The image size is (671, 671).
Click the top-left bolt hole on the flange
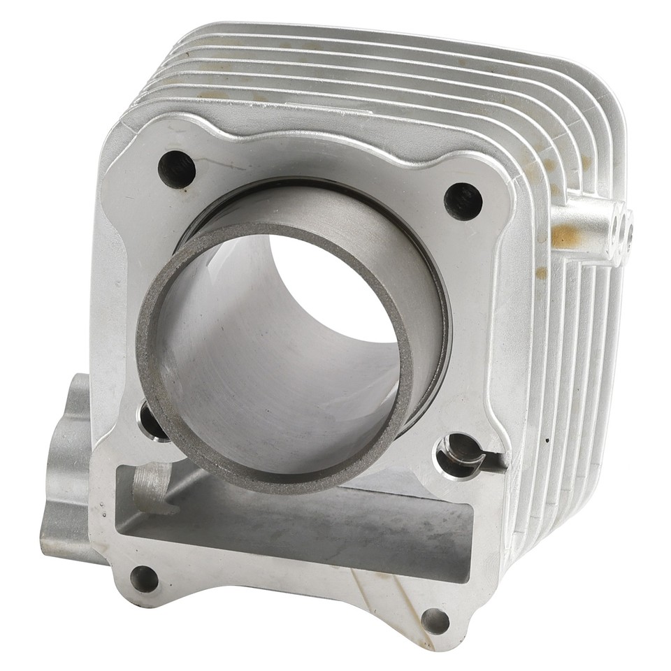176,168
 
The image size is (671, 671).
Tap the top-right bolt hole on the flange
463,201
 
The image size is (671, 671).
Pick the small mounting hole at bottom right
435,619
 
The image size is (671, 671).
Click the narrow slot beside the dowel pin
492,459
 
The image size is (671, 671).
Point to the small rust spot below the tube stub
541,273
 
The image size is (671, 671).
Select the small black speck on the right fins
547,440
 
